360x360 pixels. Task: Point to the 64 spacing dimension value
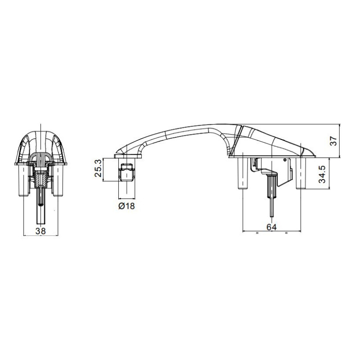(x=271, y=227)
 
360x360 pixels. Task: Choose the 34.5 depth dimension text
(x=323, y=174)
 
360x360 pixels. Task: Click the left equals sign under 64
(x=256, y=234)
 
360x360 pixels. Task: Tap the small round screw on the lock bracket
(x=285, y=160)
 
